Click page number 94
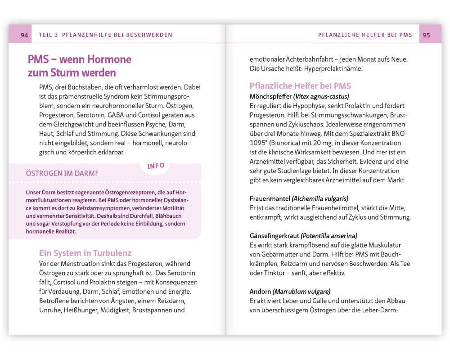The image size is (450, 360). (x=24, y=35)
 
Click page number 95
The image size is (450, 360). (x=426, y=35)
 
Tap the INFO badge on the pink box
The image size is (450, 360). (x=156, y=166)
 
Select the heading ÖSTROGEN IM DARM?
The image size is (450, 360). (x=62, y=173)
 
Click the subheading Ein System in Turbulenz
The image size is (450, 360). (x=85, y=253)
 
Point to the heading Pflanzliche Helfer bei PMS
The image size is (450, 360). (x=300, y=86)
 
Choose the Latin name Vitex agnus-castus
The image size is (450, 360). (x=321, y=96)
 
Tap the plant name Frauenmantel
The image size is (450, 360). (x=270, y=198)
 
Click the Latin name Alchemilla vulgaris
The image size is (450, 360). (x=320, y=198)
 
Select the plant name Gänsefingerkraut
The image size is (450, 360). (x=274, y=235)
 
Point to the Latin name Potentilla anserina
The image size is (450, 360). (x=329, y=235)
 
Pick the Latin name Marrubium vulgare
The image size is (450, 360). (x=301, y=291)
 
